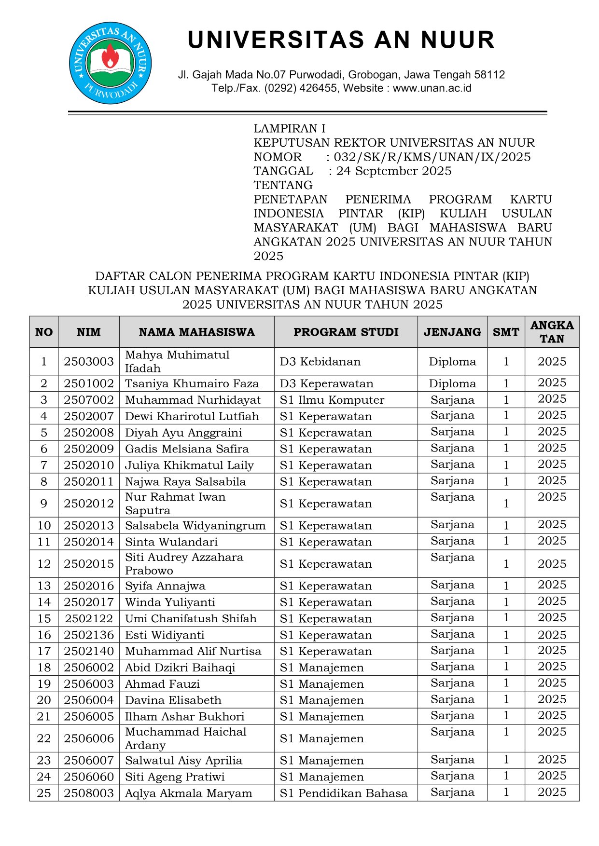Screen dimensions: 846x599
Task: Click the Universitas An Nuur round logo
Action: point(111,63)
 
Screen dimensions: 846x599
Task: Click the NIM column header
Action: point(89,332)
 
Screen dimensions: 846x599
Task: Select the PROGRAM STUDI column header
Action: point(346,332)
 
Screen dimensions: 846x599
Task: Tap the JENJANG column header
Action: point(452,332)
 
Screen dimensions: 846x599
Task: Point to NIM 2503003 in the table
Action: point(89,361)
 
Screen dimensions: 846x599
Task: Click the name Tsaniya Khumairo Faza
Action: point(192,383)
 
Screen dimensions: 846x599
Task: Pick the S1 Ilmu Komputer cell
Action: point(332,400)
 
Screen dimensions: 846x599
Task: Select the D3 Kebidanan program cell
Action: point(320,361)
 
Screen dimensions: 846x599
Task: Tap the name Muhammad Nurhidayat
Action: point(193,400)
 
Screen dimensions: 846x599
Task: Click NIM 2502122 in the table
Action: point(89,618)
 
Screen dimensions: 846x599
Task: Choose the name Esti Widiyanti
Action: point(165,635)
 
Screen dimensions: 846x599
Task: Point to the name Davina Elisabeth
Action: point(173,700)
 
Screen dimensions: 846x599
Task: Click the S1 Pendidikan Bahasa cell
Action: point(343,793)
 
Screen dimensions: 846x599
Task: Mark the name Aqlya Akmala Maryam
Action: point(188,793)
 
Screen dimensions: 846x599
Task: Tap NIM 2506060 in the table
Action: point(89,777)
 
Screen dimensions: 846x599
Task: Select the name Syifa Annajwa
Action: point(165,586)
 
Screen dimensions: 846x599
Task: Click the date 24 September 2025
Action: point(394,171)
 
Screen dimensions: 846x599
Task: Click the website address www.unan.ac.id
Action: point(432,88)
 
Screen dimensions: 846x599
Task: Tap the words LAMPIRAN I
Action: point(290,128)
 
